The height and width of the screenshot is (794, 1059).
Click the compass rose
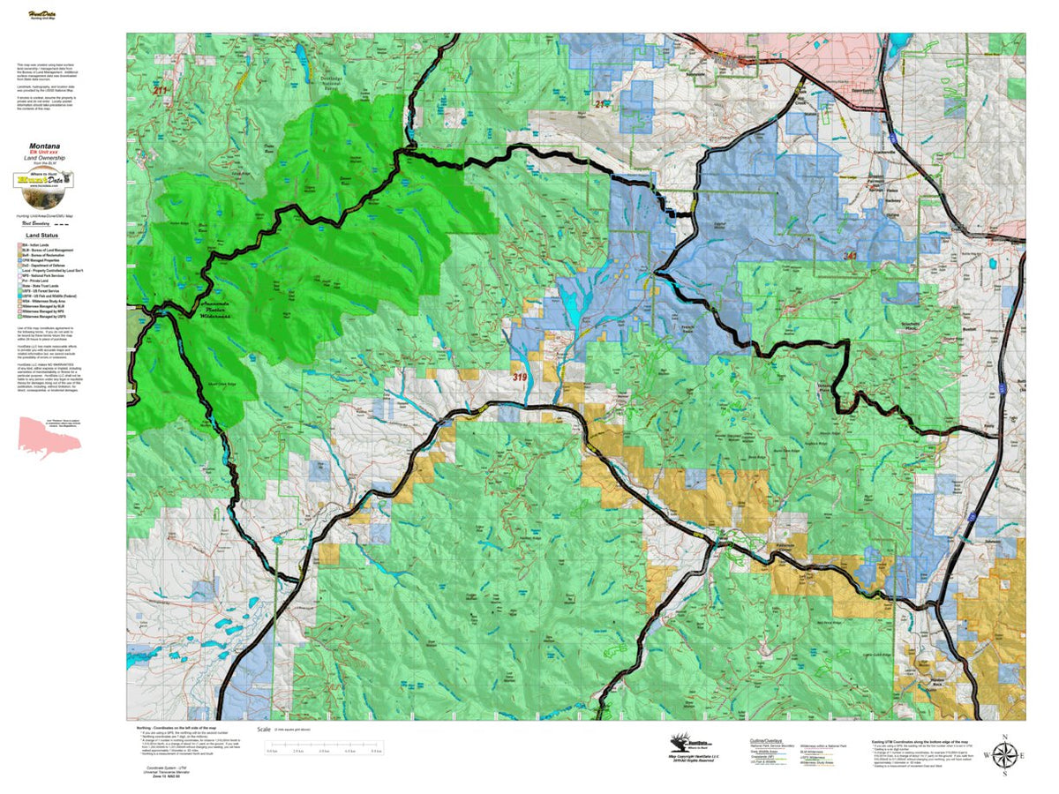1004,756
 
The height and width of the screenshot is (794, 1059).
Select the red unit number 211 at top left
160,91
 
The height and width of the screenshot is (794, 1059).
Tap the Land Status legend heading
42,236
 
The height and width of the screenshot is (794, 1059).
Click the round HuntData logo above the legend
43,180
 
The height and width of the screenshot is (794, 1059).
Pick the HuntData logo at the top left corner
41,15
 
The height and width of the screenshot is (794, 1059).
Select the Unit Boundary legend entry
35,225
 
